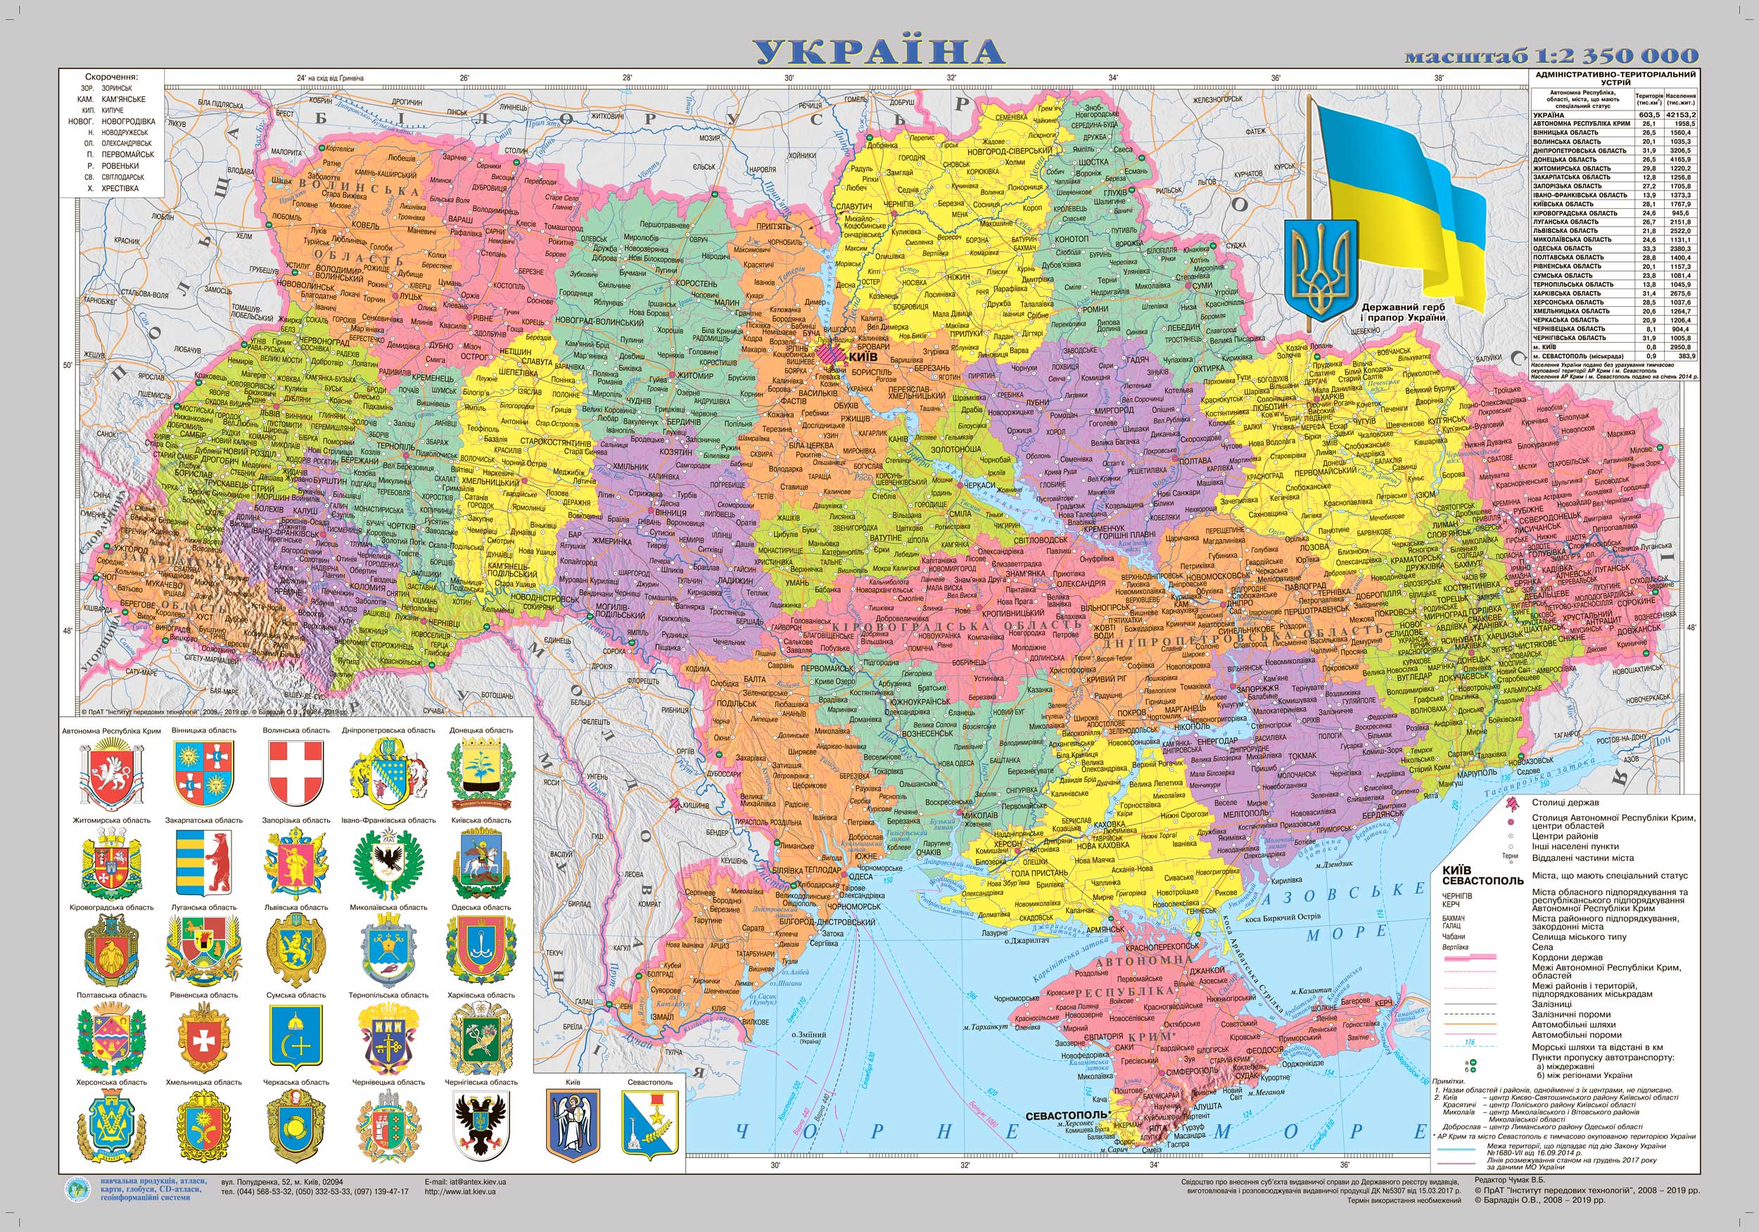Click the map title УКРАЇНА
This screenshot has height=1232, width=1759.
click(878, 51)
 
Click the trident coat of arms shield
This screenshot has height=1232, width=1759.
click(1320, 266)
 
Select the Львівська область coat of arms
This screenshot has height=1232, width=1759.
click(296, 949)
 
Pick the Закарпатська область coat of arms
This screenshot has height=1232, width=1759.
click(203, 862)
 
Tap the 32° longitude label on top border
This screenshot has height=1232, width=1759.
click(951, 78)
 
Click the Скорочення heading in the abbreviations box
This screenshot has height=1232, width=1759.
click(112, 77)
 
